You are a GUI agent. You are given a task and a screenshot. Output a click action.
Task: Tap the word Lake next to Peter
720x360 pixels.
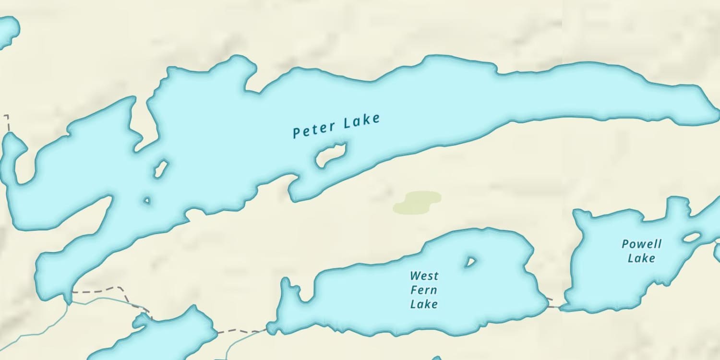pos(362,121)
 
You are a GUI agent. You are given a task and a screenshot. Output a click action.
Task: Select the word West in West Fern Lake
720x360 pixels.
pos(424,276)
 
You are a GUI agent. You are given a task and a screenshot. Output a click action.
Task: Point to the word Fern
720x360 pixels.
pos(423,290)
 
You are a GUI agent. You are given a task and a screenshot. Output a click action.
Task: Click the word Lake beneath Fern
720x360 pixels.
pos(424,304)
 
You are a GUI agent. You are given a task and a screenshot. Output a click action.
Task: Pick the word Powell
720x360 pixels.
pos(641,244)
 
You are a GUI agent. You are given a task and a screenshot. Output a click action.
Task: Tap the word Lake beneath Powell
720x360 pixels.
pos(641,258)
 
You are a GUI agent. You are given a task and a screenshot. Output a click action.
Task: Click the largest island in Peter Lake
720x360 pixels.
pos(330,155)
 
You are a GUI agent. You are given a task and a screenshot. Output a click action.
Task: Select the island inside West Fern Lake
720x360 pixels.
pos(470,262)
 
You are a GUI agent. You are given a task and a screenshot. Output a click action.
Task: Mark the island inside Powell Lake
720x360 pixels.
pos(692,237)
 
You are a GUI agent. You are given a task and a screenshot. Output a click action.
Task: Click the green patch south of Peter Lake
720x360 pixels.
pos(417,202)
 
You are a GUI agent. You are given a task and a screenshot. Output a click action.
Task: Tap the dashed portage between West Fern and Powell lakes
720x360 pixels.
pos(554,305)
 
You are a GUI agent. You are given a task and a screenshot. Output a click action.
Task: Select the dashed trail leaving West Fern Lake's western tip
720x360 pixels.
pos(240,331)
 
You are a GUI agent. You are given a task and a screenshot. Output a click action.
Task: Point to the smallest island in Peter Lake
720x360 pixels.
pos(147,200)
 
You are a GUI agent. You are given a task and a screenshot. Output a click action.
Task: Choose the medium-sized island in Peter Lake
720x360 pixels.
pos(160,168)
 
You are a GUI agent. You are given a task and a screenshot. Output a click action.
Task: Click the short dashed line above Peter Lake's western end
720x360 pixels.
pos(7,123)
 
